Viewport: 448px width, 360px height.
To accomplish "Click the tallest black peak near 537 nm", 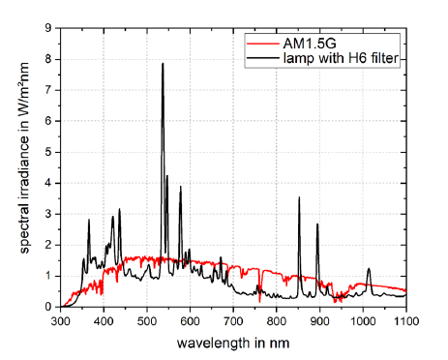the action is point(163,64).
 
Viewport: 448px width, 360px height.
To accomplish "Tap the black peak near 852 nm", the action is point(299,197).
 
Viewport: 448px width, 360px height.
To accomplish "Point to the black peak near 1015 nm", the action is point(369,269).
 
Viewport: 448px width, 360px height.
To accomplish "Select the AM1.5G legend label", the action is point(310,44).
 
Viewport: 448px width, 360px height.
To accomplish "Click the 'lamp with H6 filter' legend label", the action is point(341,58).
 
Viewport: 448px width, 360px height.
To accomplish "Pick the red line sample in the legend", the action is point(262,44).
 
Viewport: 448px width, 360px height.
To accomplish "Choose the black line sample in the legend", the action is point(262,58).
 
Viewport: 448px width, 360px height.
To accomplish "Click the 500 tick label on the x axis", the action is point(147,321).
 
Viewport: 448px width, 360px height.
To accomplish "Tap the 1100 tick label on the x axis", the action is point(406,321).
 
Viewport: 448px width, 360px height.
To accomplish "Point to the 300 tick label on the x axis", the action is point(61,321).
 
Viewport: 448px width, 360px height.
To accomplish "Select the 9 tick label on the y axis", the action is point(48,28).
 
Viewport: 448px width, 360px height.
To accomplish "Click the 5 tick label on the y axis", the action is point(48,152).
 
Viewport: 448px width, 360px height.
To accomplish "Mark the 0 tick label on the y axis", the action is point(48,307).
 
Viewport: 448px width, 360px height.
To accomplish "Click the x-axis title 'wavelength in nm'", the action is point(233,343).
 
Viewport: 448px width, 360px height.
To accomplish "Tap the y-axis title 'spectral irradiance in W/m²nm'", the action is point(24,158).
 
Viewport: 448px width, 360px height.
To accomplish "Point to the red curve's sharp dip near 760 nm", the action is point(259,302).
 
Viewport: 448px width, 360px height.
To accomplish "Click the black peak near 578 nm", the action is point(181,187).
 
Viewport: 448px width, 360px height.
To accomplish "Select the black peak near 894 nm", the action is point(317,225).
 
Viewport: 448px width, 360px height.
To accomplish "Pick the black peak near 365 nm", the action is point(89,220).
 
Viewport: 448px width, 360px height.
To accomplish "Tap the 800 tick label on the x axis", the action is point(277,321).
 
